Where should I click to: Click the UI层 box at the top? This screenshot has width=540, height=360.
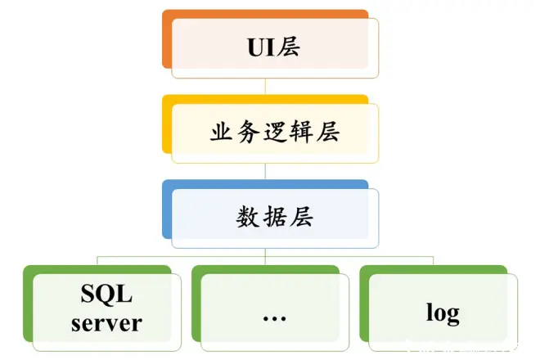275,46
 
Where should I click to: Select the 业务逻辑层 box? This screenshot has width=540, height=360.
275,132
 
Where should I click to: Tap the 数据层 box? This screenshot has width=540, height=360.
275,218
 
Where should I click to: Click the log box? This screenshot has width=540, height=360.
443,309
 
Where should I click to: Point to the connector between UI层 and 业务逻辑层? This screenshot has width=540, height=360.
265,87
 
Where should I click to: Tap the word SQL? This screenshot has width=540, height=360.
106,294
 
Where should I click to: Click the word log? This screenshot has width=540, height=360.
443,312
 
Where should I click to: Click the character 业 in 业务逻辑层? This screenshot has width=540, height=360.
222,132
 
